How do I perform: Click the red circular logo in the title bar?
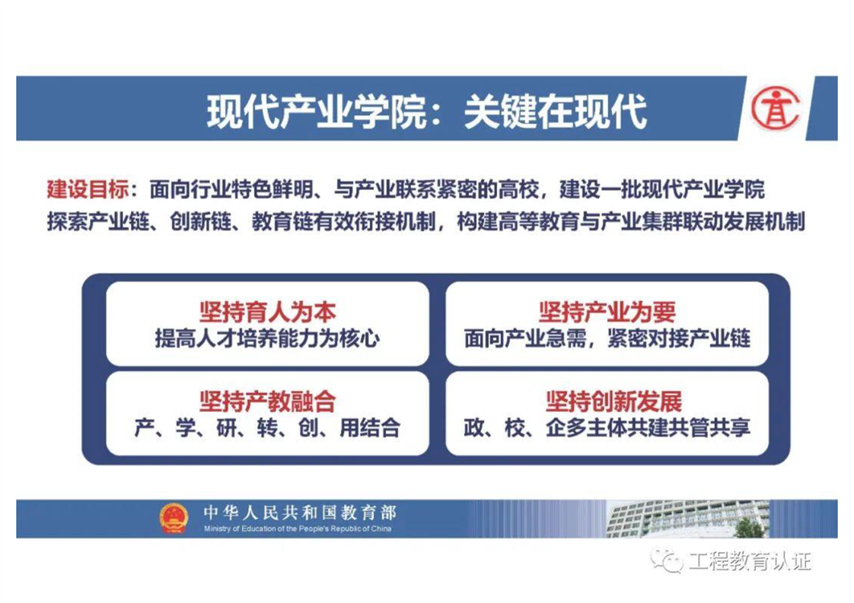click(x=776, y=109)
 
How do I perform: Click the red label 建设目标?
click(x=88, y=189)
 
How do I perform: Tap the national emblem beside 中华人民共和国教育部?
click(x=174, y=519)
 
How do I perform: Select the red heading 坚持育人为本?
click(x=267, y=313)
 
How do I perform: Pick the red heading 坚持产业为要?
click(x=607, y=313)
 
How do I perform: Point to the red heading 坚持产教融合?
click(x=267, y=401)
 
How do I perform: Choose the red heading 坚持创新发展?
click(x=613, y=401)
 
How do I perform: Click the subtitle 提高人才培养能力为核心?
click(x=267, y=338)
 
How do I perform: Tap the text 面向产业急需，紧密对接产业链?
click(x=607, y=338)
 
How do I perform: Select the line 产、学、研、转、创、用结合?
click(x=267, y=428)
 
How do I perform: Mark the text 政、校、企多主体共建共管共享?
click(x=607, y=428)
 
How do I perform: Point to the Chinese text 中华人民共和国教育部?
click(x=300, y=512)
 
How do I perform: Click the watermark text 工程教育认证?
click(x=750, y=560)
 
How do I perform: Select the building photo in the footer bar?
click(x=687, y=519)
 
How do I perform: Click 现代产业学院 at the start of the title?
click(x=317, y=112)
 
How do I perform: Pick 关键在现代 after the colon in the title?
click(x=556, y=112)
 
